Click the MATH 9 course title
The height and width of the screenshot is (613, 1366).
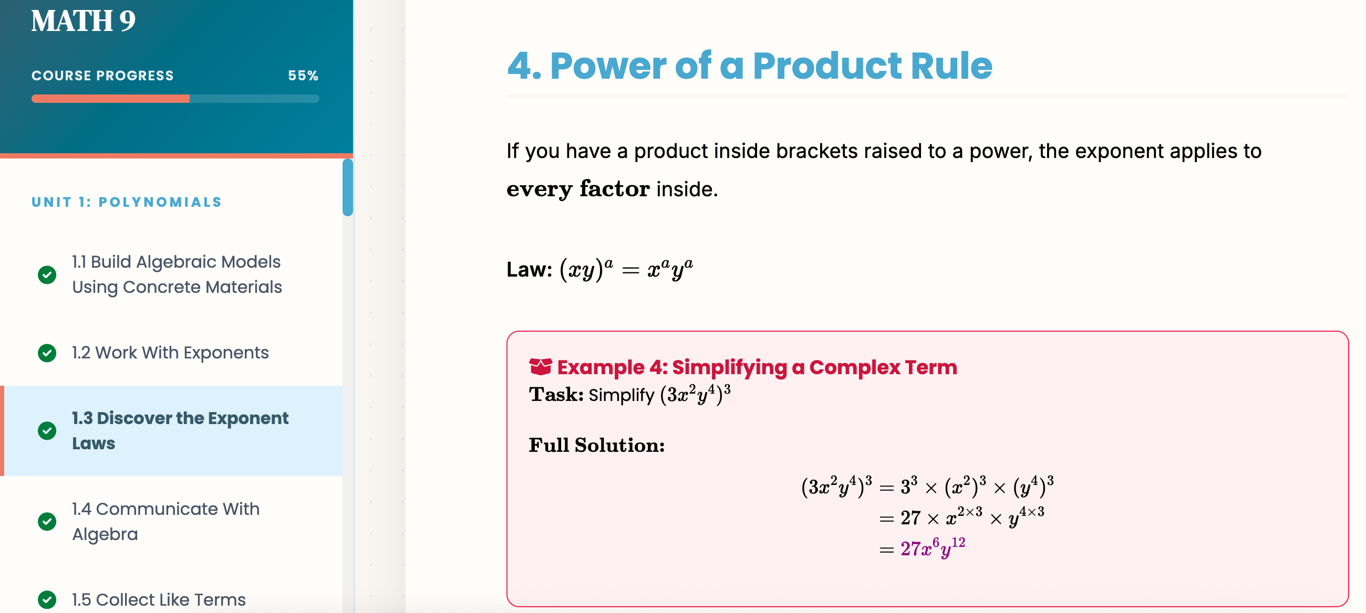tap(83, 21)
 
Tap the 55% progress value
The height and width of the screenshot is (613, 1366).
tap(303, 76)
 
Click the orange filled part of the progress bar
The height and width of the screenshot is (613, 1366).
tap(110, 99)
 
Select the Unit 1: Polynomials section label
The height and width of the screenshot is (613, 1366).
tap(127, 202)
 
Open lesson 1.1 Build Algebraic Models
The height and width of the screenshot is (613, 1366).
tap(177, 274)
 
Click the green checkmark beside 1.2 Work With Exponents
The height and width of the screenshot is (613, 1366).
tap(47, 353)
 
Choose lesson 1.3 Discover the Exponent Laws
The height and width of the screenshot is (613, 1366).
tap(180, 430)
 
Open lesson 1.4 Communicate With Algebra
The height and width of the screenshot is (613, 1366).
tap(165, 521)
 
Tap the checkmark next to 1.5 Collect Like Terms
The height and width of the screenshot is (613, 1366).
tap(47, 600)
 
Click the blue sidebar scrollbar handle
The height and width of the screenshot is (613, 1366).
tap(348, 187)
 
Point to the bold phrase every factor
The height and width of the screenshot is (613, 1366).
tap(578, 189)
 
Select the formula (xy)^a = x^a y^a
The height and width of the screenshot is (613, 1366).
tap(626, 270)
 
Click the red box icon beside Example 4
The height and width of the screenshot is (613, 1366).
tap(540, 367)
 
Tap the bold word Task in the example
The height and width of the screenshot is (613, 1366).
tap(556, 395)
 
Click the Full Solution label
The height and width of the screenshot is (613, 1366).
tap(596, 445)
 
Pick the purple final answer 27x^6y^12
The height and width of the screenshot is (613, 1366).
tap(933, 548)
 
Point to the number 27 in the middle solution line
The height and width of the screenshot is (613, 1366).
tap(910, 517)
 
